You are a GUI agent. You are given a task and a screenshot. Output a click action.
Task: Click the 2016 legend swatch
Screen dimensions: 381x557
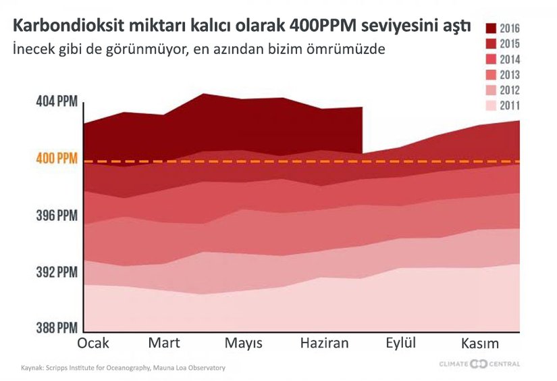[x=492, y=28]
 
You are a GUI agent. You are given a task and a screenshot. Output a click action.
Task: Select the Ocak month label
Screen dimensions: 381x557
[x=93, y=343]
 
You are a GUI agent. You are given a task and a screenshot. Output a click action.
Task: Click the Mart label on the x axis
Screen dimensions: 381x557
[x=164, y=343]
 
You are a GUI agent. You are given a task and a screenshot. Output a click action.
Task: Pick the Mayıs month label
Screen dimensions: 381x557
[x=244, y=344]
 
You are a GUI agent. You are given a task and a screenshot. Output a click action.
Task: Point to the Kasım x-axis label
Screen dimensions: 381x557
[x=480, y=343]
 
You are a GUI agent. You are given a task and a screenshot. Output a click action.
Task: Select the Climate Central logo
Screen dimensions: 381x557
[x=479, y=364]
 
